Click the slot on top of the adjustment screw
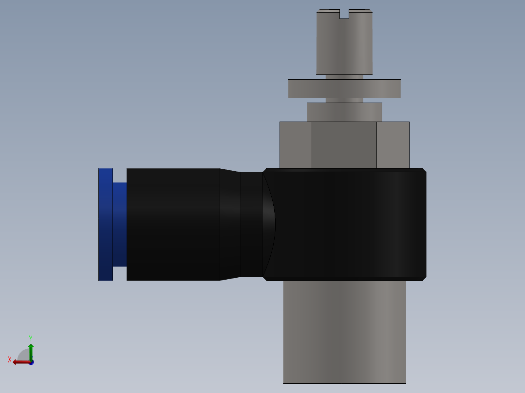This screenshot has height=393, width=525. coord(344,15)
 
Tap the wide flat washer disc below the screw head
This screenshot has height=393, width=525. coord(344,89)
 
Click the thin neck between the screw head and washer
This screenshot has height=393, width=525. coord(344,77)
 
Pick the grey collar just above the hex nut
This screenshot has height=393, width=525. coord(344,112)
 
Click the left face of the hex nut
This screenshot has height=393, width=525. coord(296,145)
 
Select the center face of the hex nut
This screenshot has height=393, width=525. coord(344,145)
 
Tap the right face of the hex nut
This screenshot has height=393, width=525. coord(393,145)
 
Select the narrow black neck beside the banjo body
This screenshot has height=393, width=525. coord(251,224)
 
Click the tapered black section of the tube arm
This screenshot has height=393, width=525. coord(230,224)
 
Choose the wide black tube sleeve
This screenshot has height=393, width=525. coord(173,224)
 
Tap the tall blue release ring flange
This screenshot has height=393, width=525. coord(106,224)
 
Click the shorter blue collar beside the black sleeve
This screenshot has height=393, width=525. coord(120,224)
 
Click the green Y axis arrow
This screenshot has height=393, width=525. coord(31,351)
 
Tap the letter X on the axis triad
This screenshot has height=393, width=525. coord(10,359)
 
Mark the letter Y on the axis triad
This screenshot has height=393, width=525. coord(30,338)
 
